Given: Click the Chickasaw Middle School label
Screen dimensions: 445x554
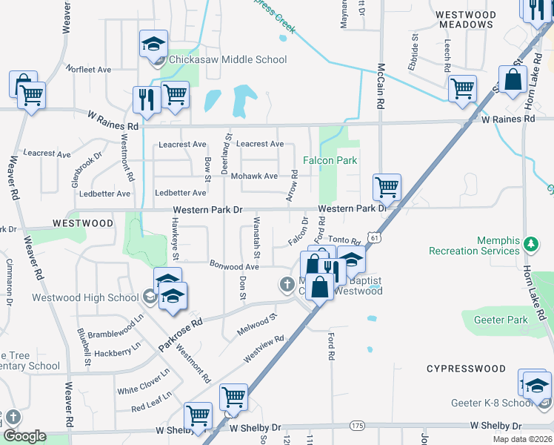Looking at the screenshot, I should click(227, 59).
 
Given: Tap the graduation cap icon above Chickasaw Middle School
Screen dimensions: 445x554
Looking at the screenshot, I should click(153, 44).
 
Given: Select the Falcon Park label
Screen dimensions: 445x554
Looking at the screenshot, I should click(330, 160).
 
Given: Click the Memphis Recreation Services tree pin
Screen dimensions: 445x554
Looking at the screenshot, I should click(530, 243).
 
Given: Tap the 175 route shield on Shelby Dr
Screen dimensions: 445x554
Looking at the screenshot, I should click(358, 426).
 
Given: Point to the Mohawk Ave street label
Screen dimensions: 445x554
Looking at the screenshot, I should click(256, 177).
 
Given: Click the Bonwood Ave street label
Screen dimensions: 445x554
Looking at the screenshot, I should click(234, 266).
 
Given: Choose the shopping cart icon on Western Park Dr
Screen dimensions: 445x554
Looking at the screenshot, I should click(386, 187).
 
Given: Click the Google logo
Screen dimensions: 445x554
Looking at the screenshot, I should click(24, 436).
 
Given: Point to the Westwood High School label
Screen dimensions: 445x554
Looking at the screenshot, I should click(84, 298).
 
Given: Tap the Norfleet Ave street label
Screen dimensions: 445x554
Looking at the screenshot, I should click(88, 69).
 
